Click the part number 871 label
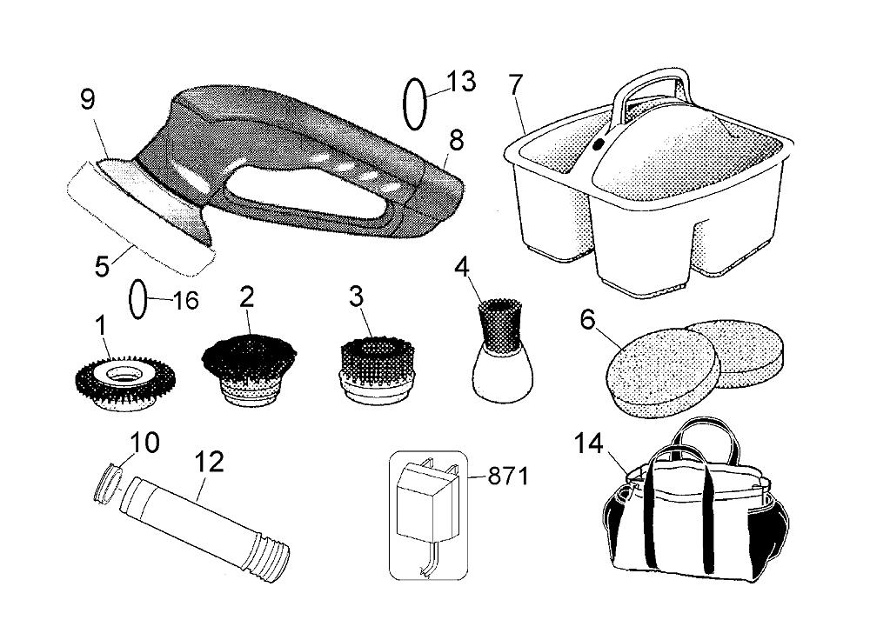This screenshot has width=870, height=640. (x=508, y=476)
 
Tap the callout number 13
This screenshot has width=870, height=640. (x=461, y=82)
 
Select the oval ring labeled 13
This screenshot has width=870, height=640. (x=414, y=103)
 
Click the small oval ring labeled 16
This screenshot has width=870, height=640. (x=137, y=299)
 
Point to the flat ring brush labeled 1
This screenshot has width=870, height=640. (x=124, y=382)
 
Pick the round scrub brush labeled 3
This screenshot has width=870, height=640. (x=376, y=370)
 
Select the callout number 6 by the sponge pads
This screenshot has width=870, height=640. (x=587, y=320)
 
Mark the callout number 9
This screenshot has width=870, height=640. (x=88, y=100)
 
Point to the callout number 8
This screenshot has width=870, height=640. (x=456, y=141)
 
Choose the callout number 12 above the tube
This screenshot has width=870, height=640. (x=209, y=462)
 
